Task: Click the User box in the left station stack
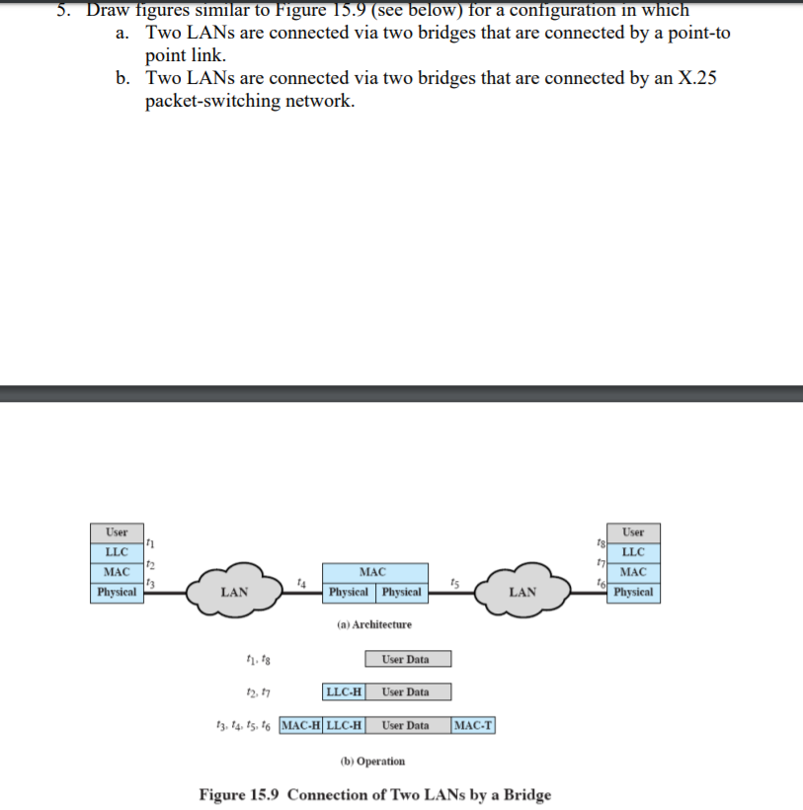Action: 117,531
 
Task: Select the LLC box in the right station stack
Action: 633,551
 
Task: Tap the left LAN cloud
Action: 234,592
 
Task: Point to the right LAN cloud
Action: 522,592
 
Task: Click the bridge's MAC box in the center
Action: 373,572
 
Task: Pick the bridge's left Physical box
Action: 349,593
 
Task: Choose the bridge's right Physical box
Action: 402,593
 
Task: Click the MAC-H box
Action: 301,725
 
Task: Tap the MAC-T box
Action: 474,725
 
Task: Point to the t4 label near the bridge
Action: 301,584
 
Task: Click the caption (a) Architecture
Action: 374,624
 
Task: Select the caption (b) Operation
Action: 372,761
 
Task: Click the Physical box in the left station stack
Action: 117,593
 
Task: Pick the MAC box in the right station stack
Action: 633,572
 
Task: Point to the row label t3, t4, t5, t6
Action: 245,726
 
